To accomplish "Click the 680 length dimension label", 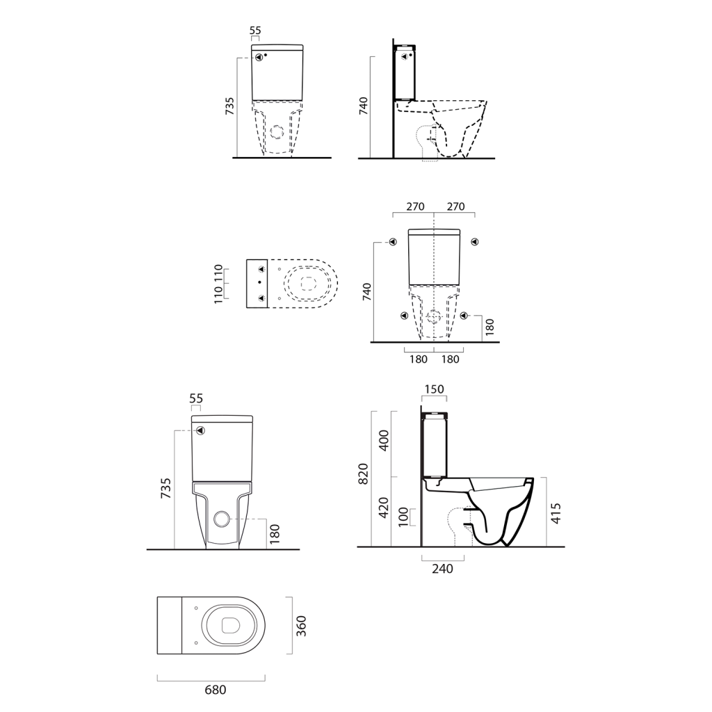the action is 216,690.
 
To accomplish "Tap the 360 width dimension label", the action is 301,626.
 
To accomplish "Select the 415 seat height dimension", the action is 556,513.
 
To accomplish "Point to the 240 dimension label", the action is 442,569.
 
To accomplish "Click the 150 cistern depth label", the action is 434,389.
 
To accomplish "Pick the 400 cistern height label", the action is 384,440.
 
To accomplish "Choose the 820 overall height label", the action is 363,474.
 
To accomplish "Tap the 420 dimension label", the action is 384,508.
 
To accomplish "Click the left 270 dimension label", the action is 415,207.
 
